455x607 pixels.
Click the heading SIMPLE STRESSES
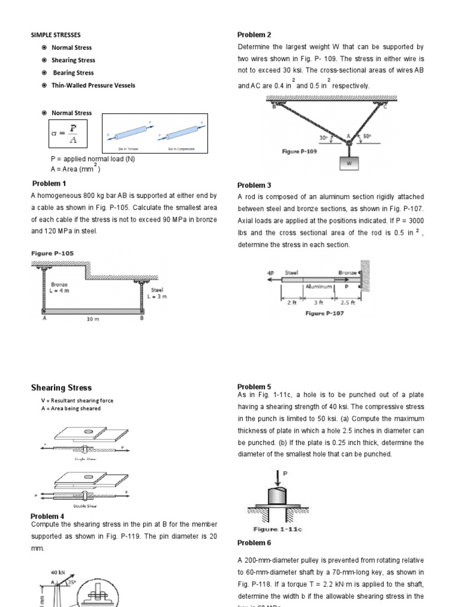(x=56, y=35)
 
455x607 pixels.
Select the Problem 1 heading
(x=49, y=183)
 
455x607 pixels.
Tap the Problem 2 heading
(x=254, y=35)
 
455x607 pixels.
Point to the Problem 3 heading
(x=254, y=185)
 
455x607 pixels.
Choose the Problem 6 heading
(x=254, y=542)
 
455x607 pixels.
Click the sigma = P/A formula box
(x=69, y=135)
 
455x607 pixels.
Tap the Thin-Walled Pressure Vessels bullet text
(x=93, y=85)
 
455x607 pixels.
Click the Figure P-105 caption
(x=53, y=253)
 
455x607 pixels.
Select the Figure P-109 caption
(x=299, y=152)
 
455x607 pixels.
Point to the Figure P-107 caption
(x=324, y=313)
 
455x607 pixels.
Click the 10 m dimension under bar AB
(x=93, y=318)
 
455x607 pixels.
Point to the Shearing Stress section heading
(x=61, y=388)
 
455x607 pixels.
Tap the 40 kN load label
(x=58, y=572)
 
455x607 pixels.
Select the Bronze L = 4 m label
(x=61, y=288)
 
